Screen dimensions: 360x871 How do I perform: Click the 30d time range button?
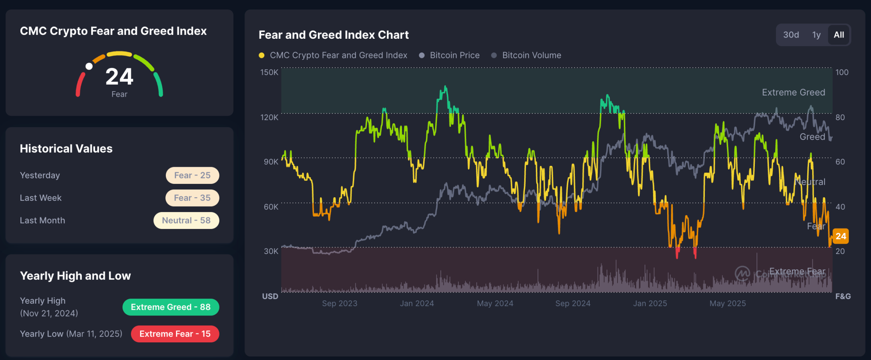[x=791, y=35]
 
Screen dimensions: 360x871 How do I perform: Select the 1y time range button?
[x=816, y=35]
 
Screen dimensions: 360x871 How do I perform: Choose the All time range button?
[x=839, y=35]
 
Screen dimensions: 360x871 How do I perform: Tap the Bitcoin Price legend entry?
[x=449, y=55]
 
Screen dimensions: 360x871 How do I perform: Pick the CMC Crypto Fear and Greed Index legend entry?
[x=333, y=55]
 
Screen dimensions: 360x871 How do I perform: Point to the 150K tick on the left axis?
[x=269, y=72]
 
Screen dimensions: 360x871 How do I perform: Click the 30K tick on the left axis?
[x=271, y=251]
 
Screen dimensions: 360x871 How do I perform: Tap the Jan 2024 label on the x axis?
[x=417, y=303]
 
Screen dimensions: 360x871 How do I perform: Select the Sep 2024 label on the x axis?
[x=573, y=303]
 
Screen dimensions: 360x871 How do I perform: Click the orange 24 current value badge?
[x=840, y=236]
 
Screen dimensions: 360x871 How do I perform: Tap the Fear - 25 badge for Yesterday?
[x=192, y=175]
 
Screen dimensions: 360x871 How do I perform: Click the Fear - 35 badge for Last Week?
[x=192, y=198]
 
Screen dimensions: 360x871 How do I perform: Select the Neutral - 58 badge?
[x=186, y=220]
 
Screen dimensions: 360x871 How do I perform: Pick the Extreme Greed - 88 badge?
[x=171, y=307]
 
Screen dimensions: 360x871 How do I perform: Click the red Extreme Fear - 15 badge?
[x=175, y=334]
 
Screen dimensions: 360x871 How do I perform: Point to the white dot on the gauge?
[x=89, y=67]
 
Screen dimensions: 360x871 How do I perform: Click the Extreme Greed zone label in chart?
[x=793, y=92]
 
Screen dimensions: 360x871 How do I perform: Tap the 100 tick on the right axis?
[x=842, y=72]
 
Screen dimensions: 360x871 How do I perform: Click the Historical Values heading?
[x=66, y=149]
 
